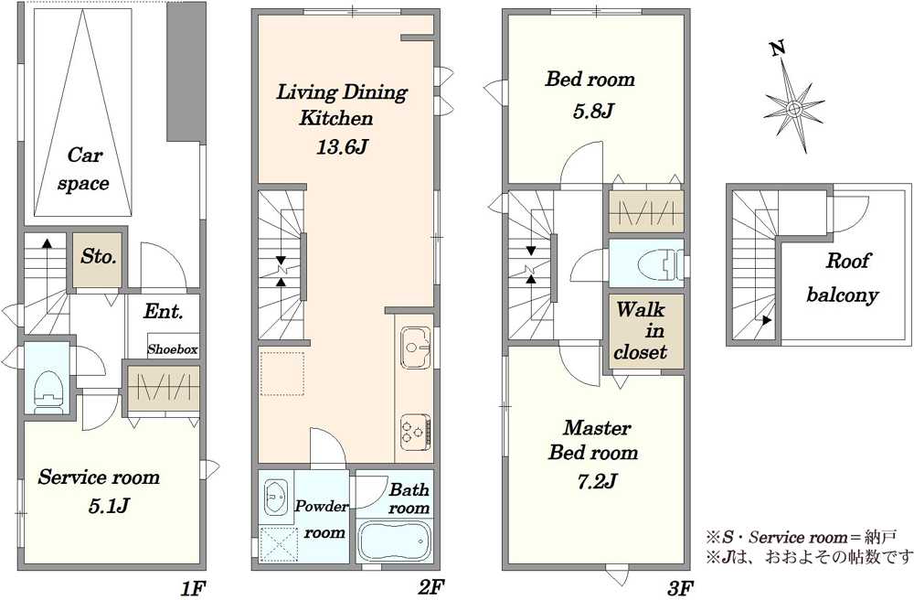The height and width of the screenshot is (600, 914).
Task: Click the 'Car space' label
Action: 83,169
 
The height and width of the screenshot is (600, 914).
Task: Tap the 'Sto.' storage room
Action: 98,260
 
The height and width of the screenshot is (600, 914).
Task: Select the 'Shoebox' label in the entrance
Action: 173,349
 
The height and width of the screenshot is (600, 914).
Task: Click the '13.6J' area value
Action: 342,146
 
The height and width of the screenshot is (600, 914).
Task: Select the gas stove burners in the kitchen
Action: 415,432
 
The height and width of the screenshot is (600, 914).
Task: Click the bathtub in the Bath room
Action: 394,541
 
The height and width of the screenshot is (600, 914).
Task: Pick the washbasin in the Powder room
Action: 275,498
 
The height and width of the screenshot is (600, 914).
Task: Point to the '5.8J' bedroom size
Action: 593,110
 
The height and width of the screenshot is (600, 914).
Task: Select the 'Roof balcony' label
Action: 844,277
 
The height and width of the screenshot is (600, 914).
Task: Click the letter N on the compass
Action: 777,48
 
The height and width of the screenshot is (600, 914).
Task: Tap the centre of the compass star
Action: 792,108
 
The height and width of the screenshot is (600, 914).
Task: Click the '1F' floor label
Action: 193,588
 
